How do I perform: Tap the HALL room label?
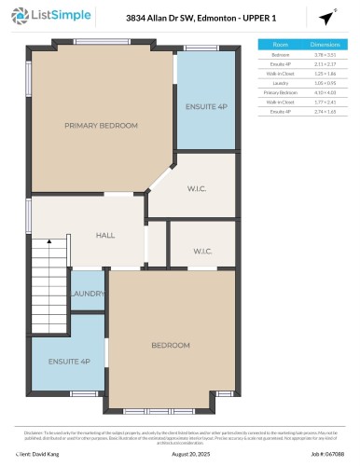[105, 235]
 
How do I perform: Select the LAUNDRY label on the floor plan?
[87, 294]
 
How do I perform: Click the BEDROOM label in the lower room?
[170, 345]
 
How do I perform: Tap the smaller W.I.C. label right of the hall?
[202, 251]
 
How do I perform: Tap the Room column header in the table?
[280, 44]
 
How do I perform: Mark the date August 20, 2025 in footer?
[180, 454]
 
